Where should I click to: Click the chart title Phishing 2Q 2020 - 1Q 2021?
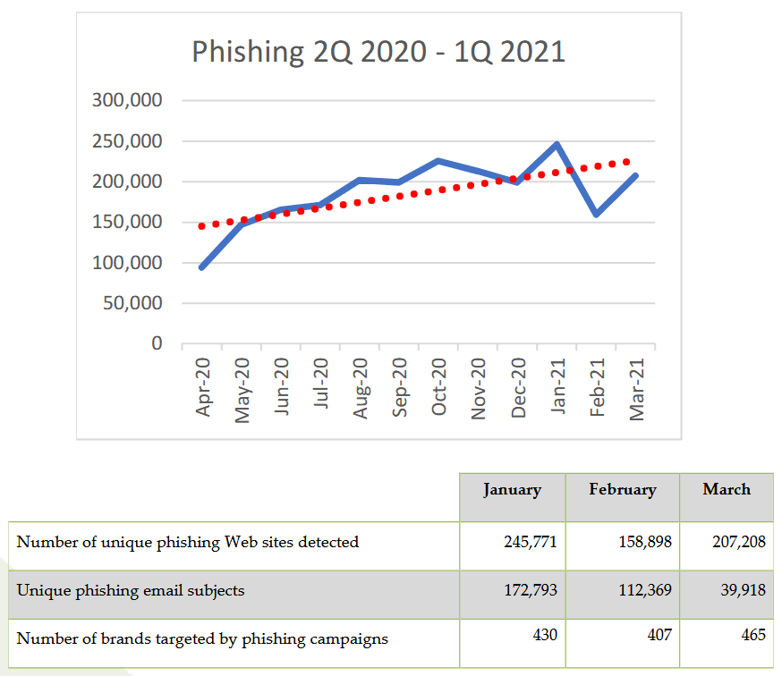pos(378,52)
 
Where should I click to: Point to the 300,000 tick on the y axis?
pos(127,100)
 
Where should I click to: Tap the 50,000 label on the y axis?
pos(133,303)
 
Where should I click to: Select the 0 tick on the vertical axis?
pos(157,343)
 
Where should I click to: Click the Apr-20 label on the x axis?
pos(204,386)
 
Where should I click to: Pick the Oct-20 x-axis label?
pos(439,386)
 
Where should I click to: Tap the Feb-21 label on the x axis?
pos(598,386)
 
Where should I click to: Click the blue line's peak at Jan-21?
pos(557,144)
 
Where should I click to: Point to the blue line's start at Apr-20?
pos(202,266)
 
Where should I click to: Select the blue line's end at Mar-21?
pos(635,176)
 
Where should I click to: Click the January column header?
pos(512,490)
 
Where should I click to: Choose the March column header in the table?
pos(727,489)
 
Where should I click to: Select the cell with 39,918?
pos(742,591)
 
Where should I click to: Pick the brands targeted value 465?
pos(753,635)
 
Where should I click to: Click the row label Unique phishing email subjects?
pos(131,591)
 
